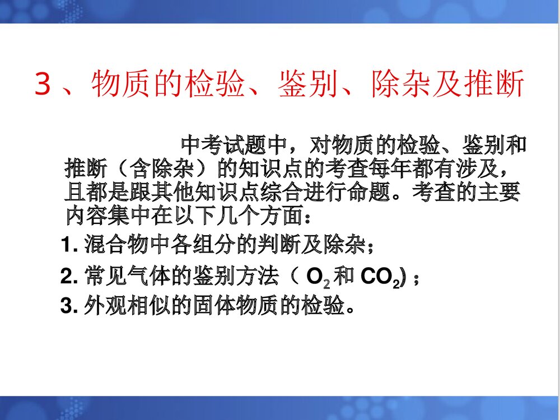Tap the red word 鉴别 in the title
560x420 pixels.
(306, 85)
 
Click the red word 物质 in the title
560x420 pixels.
(119, 85)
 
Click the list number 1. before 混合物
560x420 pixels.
(69, 245)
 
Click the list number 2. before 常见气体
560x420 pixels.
(69, 277)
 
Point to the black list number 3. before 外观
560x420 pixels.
(69, 307)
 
